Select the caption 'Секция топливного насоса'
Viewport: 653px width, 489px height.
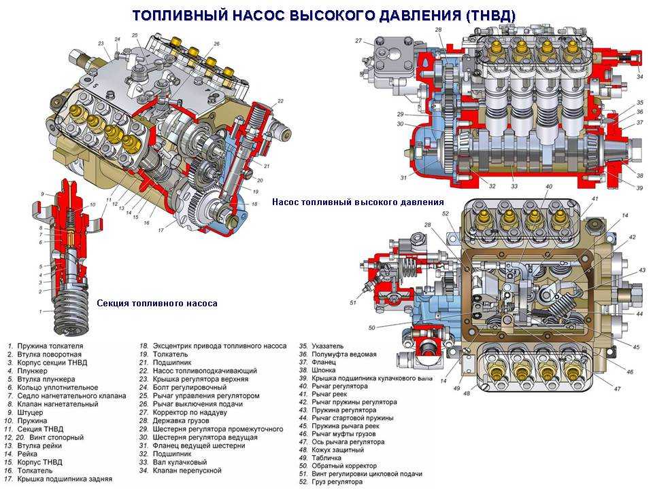click(157, 304)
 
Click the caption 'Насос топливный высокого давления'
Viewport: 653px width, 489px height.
click(358, 202)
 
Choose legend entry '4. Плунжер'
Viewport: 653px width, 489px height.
click(31, 371)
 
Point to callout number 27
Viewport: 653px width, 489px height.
click(358, 41)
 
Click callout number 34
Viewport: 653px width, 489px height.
click(639, 77)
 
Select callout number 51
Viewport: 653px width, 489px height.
click(352, 302)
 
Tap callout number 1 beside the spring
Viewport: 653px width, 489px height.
click(40, 312)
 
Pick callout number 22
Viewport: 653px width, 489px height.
click(280, 101)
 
